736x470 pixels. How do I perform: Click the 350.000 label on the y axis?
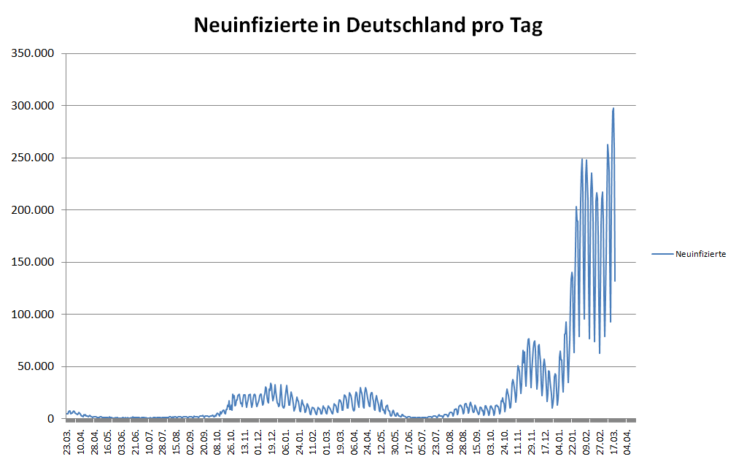point(32,53)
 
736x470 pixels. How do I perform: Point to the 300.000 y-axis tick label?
point(32,106)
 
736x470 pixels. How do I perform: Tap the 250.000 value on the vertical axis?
point(32,158)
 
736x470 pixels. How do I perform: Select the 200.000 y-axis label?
point(32,210)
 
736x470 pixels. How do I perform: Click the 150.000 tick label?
point(32,262)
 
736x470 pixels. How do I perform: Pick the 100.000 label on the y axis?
point(32,315)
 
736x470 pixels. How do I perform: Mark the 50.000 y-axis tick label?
point(35,366)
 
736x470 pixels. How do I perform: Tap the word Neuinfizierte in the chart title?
point(256,26)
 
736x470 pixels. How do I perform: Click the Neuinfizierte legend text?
point(700,254)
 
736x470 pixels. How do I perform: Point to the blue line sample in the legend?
point(662,254)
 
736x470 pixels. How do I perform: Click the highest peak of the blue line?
point(613,109)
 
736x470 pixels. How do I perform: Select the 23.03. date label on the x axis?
point(68,441)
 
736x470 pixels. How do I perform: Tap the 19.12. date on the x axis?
point(272,441)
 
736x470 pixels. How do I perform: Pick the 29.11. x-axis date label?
point(532,441)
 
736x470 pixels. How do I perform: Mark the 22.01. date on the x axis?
point(573,441)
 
